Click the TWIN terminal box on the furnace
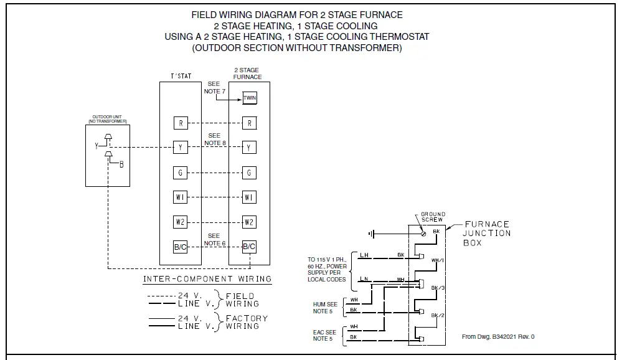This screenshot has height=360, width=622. (x=249, y=98)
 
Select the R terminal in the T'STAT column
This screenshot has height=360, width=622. (x=181, y=123)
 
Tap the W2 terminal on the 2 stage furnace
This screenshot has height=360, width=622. (x=249, y=222)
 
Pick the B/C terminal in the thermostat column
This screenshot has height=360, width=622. (x=181, y=247)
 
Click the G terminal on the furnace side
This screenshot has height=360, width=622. (x=249, y=173)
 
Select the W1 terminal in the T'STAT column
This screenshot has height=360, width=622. (x=181, y=197)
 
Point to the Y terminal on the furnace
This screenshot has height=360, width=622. (x=249, y=148)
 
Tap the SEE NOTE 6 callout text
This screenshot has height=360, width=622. (x=214, y=240)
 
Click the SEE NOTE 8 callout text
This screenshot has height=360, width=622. (x=214, y=139)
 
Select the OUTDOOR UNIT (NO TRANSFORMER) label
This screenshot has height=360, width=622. (x=108, y=118)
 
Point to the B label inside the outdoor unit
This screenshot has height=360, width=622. (x=121, y=164)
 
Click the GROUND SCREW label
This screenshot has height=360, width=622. (x=433, y=217)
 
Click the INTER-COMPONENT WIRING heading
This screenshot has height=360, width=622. (x=207, y=279)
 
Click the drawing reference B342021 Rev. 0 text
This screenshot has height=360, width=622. (x=498, y=336)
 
